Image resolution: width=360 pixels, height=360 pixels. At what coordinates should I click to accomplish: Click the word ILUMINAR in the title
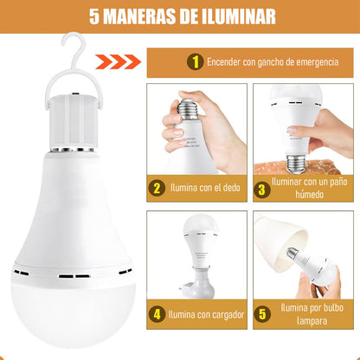point(239,16)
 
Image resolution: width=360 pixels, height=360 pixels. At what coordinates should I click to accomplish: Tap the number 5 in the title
point(94,16)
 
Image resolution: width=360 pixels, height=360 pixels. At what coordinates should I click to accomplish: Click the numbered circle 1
point(196,61)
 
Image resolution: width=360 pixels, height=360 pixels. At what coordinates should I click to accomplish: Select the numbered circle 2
point(157,188)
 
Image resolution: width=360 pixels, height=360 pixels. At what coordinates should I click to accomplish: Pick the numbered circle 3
point(262,190)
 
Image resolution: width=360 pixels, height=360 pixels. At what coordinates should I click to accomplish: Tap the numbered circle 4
point(157,314)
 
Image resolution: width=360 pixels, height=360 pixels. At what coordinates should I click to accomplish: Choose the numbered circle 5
point(262,314)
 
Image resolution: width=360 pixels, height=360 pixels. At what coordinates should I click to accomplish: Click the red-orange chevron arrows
point(119,61)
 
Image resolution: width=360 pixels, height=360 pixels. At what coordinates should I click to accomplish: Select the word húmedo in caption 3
point(309,195)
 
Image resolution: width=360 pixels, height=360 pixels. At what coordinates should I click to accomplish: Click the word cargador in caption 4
point(228,315)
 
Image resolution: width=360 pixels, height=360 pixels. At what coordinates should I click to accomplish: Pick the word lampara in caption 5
point(312,321)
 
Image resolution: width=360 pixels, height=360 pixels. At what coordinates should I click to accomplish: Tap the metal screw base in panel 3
point(295,163)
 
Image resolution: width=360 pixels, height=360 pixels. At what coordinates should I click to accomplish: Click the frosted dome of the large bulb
point(73,314)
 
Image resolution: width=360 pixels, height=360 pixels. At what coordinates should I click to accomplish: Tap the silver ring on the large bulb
point(72,150)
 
